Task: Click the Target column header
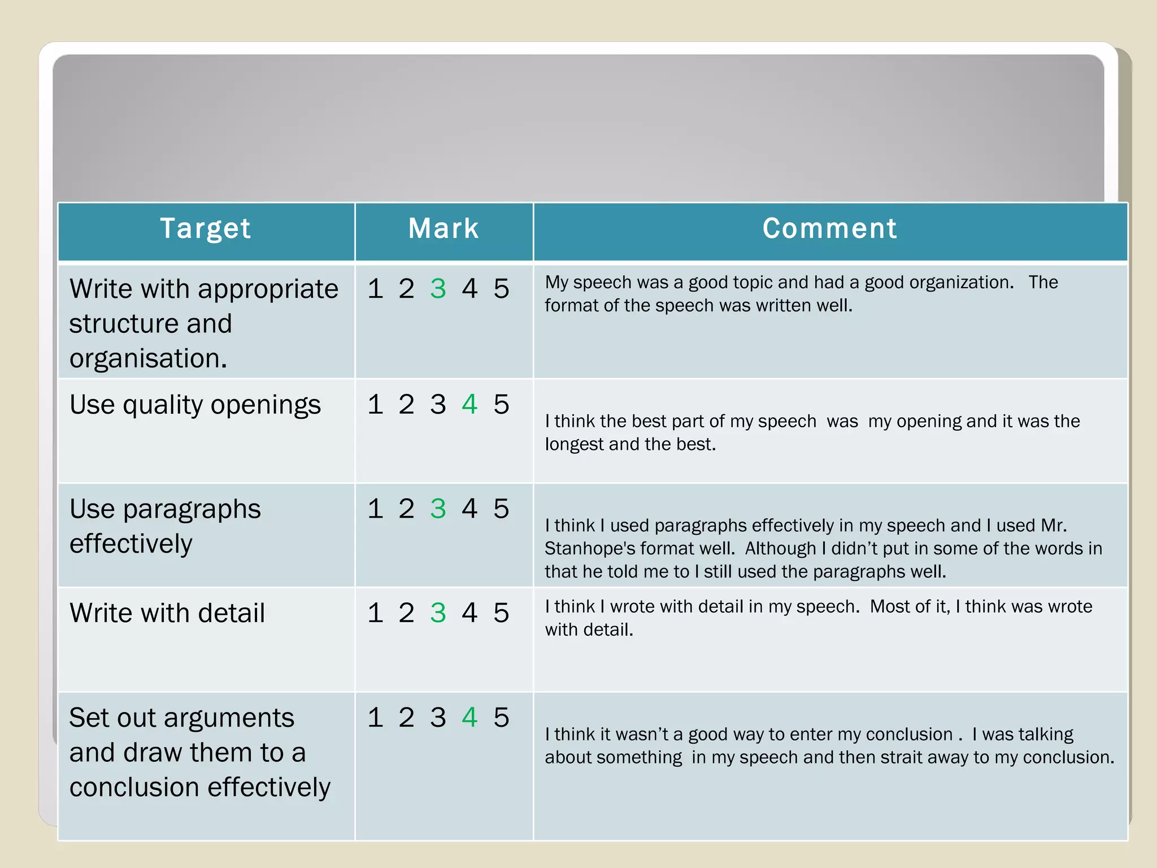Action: point(206,229)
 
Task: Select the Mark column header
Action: point(443,229)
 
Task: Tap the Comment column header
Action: point(830,229)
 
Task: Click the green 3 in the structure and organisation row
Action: point(438,289)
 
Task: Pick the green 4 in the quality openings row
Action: point(469,405)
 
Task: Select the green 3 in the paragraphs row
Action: point(438,509)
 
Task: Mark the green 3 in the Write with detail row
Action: point(438,613)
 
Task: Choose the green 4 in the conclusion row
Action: point(469,718)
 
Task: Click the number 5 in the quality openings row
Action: point(501,405)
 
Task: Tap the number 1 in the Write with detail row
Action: point(375,613)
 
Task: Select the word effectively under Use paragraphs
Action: point(131,544)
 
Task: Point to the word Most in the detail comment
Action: point(888,607)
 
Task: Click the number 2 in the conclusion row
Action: point(406,718)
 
